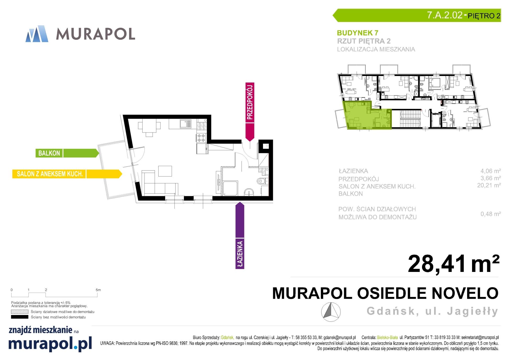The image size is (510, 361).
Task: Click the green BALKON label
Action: (67, 153)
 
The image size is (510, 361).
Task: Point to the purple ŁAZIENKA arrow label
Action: (240, 235)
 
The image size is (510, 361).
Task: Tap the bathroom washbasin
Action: (249, 192)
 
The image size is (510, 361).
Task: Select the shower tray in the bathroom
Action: (230, 188)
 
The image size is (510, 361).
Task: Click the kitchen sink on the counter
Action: (186, 124)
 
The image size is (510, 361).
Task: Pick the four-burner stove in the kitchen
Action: (201, 138)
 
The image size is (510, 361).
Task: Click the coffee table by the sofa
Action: (165, 171)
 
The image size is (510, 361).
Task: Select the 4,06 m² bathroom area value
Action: (490, 171)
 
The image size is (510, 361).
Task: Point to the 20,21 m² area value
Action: (489, 185)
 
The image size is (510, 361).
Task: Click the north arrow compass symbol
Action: (331, 312)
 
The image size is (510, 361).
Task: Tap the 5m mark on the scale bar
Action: (98, 290)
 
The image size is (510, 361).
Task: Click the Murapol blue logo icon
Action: (37, 34)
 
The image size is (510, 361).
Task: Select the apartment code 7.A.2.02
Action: (445, 15)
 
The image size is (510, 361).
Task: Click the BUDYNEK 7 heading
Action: (357, 33)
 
